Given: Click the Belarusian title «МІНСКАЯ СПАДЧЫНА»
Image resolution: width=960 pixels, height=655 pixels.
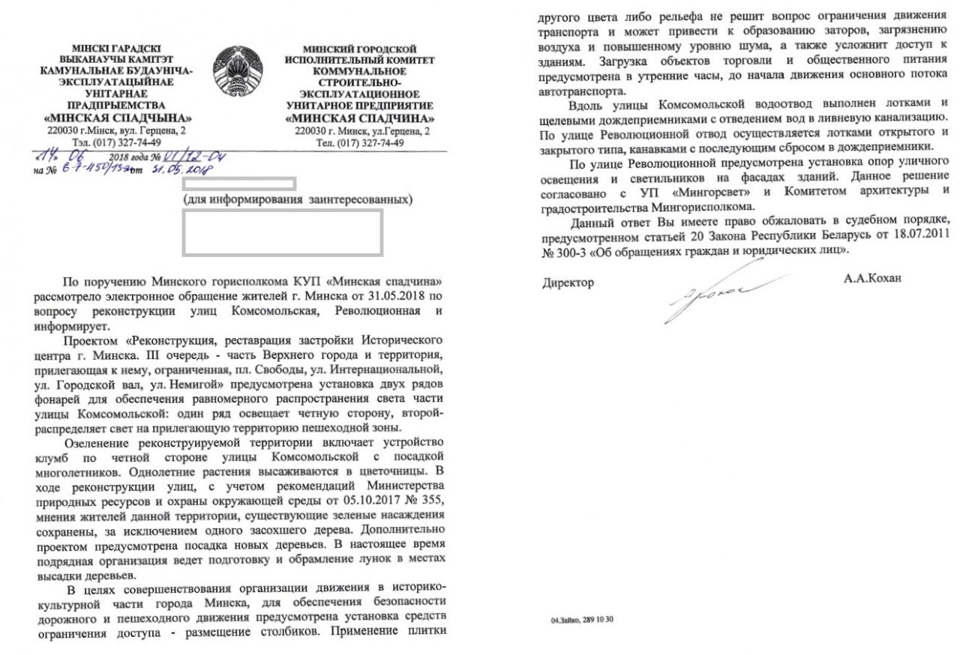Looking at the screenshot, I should pos(117,120).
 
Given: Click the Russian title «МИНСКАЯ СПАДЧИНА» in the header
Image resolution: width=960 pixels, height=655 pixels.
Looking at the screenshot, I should pos(364,120).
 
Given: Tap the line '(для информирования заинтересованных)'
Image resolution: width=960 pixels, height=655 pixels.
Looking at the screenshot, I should pos(298,200).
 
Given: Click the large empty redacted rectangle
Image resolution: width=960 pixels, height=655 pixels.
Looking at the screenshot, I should pos(283,231).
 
